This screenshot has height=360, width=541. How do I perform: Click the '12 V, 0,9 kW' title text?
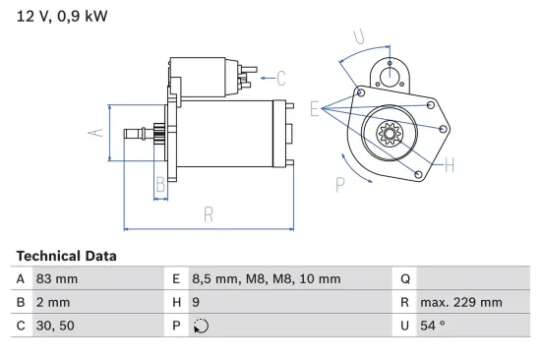(x=62, y=16)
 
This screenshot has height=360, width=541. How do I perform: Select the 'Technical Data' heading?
(x=66, y=256)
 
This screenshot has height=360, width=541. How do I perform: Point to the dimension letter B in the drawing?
(x=160, y=183)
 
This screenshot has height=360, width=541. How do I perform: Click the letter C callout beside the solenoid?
(x=280, y=78)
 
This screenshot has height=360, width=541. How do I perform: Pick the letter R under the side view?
(x=209, y=213)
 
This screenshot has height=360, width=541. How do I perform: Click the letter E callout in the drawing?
(x=315, y=109)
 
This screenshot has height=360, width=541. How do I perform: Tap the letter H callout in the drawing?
(x=449, y=164)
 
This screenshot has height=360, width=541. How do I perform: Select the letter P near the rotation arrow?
(x=340, y=182)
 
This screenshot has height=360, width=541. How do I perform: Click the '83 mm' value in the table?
(x=57, y=279)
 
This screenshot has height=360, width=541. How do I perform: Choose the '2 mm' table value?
(x=53, y=303)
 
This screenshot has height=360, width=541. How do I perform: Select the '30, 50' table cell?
(x=55, y=327)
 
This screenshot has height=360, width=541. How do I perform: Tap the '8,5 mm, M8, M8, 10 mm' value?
(x=265, y=279)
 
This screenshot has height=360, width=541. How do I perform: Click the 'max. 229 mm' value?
(x=460, y=303)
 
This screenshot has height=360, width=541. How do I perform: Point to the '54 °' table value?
(x=434, y=327)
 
